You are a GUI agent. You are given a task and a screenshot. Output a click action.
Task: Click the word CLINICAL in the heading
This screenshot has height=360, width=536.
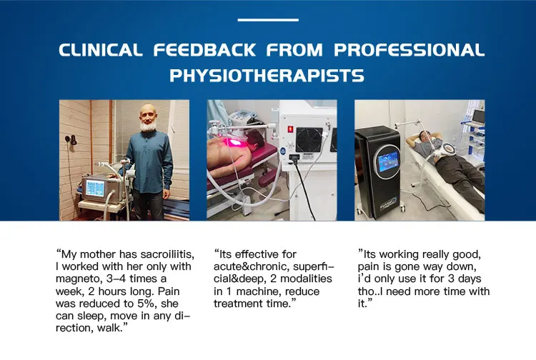pos(101,50)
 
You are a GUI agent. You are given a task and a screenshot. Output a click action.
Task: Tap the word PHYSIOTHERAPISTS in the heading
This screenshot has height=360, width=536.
pos(267,76)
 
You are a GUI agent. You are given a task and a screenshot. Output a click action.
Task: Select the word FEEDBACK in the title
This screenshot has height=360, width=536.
pos(204,50)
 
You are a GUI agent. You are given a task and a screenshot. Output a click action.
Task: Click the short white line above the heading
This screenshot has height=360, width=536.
pos(268,20)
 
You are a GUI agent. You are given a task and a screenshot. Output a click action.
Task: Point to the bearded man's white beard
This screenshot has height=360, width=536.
pos(149,126)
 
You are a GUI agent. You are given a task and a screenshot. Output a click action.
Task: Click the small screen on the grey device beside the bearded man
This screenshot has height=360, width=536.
pos(94,189)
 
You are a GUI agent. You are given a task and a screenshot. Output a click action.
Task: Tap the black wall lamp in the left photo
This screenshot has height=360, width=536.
pos(71,139)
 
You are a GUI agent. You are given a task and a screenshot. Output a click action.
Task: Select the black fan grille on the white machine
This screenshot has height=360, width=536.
pos(309,140)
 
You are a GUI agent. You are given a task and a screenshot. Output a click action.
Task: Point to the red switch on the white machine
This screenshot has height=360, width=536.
pos(291,129)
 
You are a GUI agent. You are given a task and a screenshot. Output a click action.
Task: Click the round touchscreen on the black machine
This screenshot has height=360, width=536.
pos(387,161)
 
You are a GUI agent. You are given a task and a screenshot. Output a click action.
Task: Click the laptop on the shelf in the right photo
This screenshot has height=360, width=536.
pos(478,117)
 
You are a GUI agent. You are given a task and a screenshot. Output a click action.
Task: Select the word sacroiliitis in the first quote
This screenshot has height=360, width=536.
pos(167,254)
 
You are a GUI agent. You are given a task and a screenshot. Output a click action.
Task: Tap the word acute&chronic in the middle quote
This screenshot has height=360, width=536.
pos(252,266)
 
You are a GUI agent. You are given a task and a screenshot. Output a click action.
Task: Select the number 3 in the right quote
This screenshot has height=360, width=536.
pos(451,279)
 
